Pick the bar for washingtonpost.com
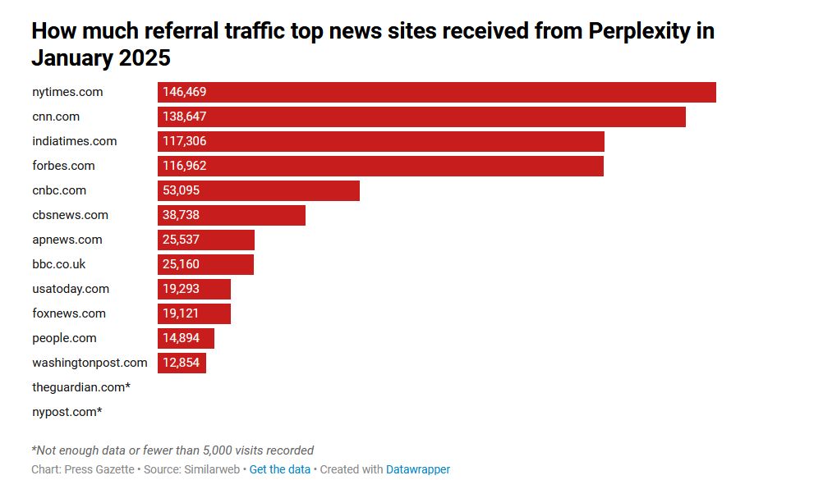coord(182,363)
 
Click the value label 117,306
coord(185,141)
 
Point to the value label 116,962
coord(185,166)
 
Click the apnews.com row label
coord(67,240)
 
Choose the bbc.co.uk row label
coord(59,264)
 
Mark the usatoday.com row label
coord(71,289)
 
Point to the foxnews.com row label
coord(69,313)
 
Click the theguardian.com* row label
coord(81,387)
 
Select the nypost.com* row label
coord(67,412)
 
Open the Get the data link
coord(280,469)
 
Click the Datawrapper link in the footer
coord(418,469)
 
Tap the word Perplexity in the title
coord(641,32)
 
